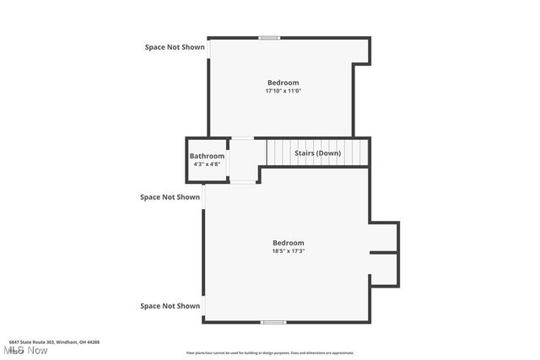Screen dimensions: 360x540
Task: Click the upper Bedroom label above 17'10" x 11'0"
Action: coord(283,83)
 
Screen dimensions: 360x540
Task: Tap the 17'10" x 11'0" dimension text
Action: coord(283,91)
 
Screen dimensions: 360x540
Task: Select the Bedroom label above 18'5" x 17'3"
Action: coord(288,243)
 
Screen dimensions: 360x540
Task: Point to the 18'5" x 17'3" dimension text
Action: coord(288,251)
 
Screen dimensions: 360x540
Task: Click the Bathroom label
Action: coord(207,156)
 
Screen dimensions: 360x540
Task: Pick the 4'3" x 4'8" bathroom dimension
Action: coord(207,164)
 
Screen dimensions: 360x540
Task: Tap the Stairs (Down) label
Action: coord(317,153)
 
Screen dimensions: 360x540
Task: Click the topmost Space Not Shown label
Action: coord(175,47)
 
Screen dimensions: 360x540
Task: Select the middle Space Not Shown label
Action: coord(170,197)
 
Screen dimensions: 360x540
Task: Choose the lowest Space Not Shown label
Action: coord(170,306)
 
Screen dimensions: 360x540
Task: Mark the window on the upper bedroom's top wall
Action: coord(270,38)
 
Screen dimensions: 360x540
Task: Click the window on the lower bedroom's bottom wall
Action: coord(272,322)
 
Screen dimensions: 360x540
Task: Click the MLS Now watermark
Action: coord(25,350)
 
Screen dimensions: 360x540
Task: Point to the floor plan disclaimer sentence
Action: coord(270,353)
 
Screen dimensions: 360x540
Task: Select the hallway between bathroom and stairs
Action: coord(243,160)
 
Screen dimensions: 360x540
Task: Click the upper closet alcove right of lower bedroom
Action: coord(383,237)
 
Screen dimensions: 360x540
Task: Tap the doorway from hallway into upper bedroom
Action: coord(243,138)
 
